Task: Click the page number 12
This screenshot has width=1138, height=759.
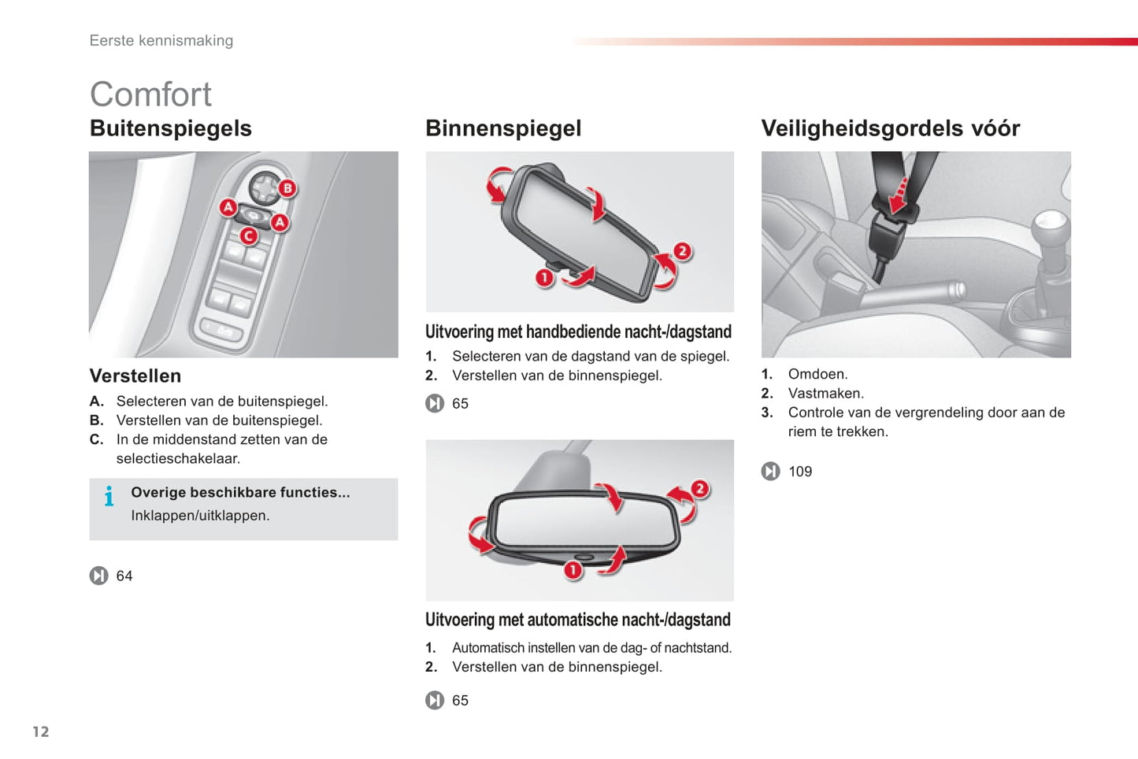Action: click(x=41, y=731)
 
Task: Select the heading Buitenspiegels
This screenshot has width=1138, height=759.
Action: click(x=170, y=128)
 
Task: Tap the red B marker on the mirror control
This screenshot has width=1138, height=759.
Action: click(x=288, y=188)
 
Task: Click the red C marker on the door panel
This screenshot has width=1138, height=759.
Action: click(x=249, y=235)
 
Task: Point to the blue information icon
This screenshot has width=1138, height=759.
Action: click(x=109, y=496)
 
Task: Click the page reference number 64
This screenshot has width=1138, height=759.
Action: click(x=124, y=576)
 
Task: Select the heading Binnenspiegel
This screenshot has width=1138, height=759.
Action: click(x=502, y=128)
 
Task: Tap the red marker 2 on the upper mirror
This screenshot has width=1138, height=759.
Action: click(x=682, y=251)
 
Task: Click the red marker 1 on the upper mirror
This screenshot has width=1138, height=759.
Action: click(x=544, y=277)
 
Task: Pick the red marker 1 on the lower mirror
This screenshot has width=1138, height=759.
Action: click(x=573, y=569)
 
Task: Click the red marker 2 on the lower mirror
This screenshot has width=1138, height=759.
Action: click(x=699, y=489)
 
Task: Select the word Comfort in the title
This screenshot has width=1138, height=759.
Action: click(x=150, y=94)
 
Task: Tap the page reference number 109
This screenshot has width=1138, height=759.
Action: click(x=800, y=472)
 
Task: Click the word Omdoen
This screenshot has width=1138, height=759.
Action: click(x=817, y=374)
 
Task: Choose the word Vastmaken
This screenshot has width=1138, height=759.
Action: click(x=825, y=393)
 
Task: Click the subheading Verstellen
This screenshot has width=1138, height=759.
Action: click(x=135, y=376)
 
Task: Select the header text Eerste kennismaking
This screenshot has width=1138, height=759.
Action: click(x=161, y=41)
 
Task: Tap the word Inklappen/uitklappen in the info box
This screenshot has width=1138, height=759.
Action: click(x=200, y=516)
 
